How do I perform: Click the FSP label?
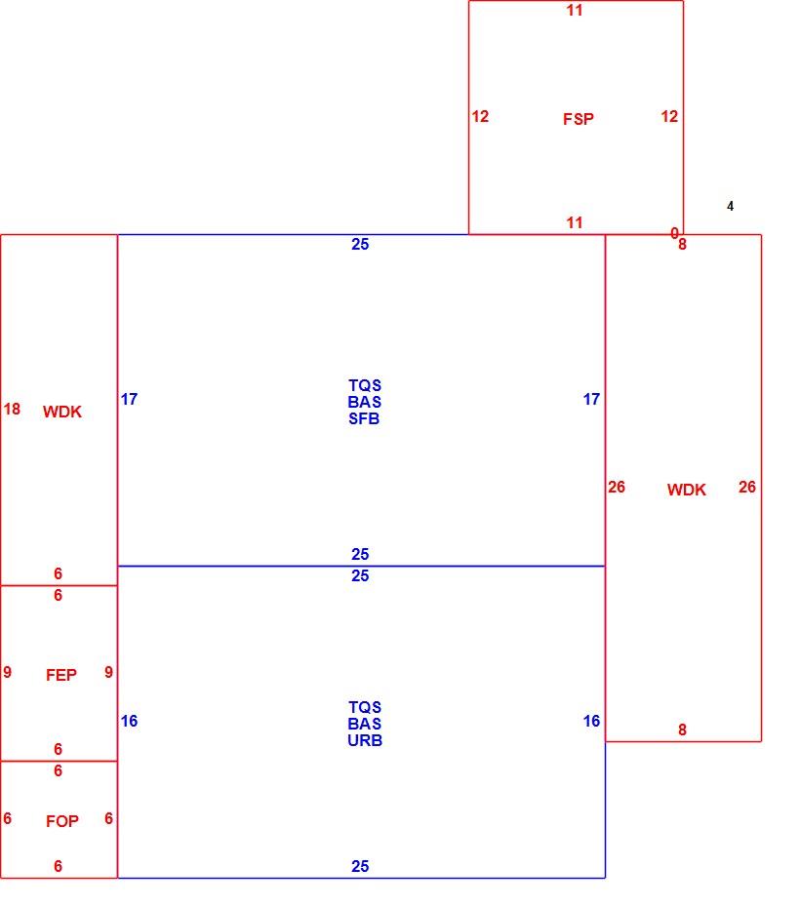578,119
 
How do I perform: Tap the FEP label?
61,675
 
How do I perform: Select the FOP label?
61,821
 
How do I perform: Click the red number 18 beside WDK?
12,409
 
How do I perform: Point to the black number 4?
730,206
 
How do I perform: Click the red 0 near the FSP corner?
674,232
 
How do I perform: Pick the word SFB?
364,418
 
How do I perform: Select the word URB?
365,740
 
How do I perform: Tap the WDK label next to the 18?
61,412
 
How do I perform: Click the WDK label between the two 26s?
686,490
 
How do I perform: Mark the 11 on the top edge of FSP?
575,10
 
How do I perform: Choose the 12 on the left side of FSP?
480,116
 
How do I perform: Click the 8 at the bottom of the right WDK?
683,730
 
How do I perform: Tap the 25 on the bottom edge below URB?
360,866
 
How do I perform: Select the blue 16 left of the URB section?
129,721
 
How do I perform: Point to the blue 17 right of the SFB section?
591,399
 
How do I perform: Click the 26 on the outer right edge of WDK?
746,487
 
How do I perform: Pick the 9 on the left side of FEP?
8,672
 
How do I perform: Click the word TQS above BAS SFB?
365,385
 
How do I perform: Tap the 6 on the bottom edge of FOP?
58,866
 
